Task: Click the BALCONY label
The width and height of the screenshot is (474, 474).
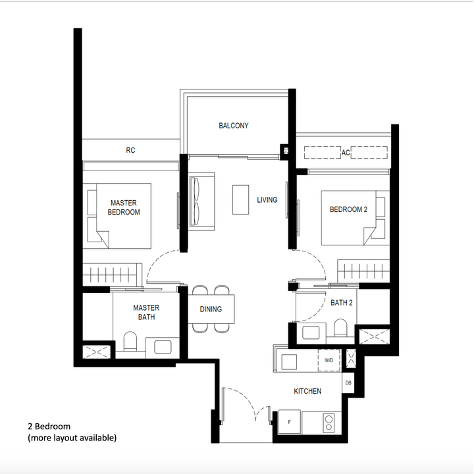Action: click(x=234, y=126)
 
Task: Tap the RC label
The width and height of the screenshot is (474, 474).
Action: click(x=130, y=150)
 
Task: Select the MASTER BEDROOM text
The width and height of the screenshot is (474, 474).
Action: click(x=124, y=207)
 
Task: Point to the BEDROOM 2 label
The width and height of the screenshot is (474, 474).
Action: click(x=347, y=209)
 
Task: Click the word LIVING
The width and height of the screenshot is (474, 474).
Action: click(x=267, y=199)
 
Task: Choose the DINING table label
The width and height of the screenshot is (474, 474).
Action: click(x=211, y=309)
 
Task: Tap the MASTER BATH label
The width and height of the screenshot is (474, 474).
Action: click(x=146, y=312)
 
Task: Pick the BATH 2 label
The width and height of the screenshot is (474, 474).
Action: click(x=342, y=303)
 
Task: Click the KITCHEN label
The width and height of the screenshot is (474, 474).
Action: click(x=307, y=391)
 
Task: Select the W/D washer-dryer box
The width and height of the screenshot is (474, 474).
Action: click(x=329, y=360)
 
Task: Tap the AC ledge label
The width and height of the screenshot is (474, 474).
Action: click(x=345, y=153)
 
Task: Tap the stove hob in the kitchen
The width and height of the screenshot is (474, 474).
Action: click(x=327, y=422)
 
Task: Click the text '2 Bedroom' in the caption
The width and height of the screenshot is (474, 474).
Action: click(x=49, y=426)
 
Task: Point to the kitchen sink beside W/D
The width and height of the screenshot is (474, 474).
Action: click(x=290, y=361)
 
